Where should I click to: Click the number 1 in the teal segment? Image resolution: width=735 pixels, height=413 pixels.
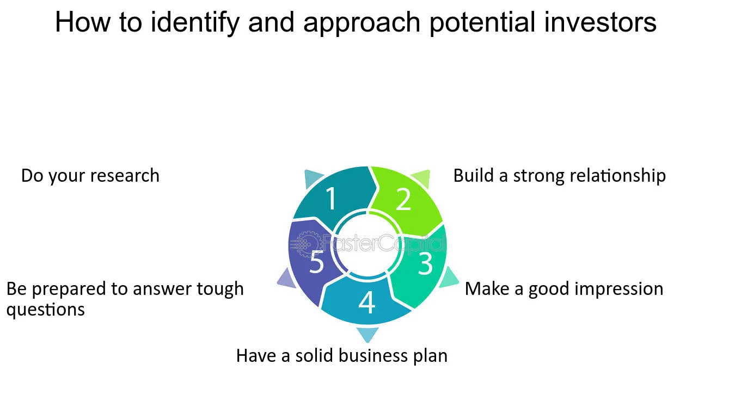pos(332,198)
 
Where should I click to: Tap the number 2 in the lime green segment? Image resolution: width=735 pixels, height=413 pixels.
pos(403,199)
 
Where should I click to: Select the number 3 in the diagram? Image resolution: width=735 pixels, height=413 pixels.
pos(425,263)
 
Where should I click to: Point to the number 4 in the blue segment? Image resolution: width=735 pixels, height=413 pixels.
pos(367,303)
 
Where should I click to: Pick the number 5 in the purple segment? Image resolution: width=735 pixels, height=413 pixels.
pos(317,261)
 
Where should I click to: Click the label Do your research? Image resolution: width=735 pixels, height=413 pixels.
pos(90,176)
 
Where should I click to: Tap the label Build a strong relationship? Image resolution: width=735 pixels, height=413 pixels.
pos(560,176)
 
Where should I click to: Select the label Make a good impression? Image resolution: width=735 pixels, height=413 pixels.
pos(564,289)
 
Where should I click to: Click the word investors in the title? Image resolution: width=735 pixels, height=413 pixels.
pos(600,22)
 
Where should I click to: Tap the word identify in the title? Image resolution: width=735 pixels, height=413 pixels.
pos(195,23)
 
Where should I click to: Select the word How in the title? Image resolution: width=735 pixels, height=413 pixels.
pos(83,22)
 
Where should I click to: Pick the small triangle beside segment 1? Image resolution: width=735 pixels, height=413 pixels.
pos(312,177)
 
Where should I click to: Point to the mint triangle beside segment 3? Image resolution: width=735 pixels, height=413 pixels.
pos(448,278)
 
